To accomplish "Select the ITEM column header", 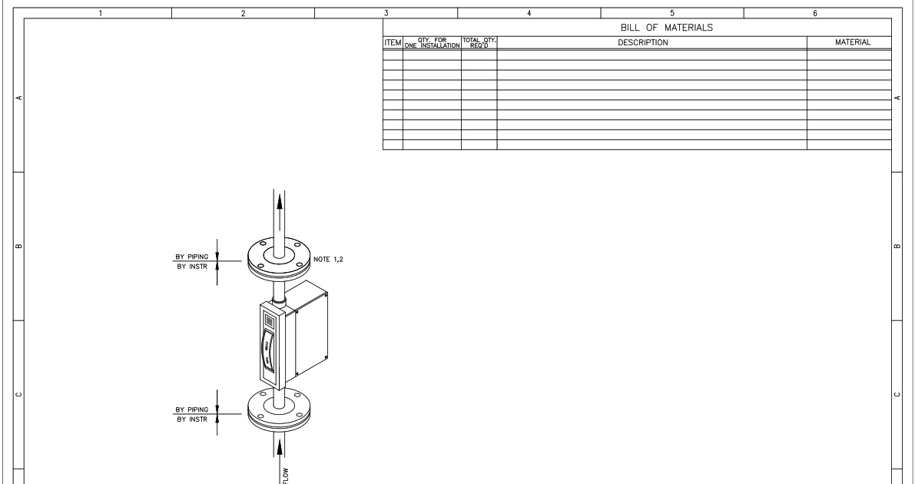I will pos(393,43).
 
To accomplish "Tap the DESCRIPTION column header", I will pos(643,43).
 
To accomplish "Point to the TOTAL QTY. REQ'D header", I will pos(479,43).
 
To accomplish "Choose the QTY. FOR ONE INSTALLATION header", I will pos(432,43).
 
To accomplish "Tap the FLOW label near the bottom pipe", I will pos(287,471).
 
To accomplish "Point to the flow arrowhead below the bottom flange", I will pos(280,446).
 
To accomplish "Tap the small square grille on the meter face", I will pos(269,319).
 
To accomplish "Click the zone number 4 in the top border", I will pos(529,13).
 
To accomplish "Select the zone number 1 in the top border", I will pos(100,13).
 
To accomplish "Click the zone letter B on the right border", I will pos(897,247).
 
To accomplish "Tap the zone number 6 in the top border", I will pos(814,13).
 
